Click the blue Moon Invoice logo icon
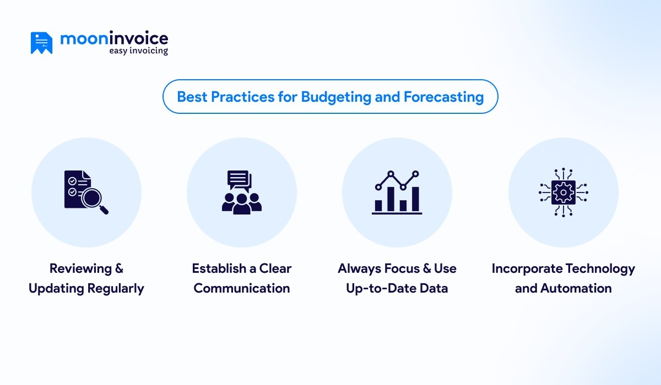41,43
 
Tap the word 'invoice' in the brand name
140,38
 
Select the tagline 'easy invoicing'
138,51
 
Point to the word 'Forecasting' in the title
443,97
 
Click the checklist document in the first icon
74,187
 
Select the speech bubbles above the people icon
240,180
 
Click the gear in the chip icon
563,193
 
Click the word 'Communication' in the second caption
242,288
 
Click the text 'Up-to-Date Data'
397,288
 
